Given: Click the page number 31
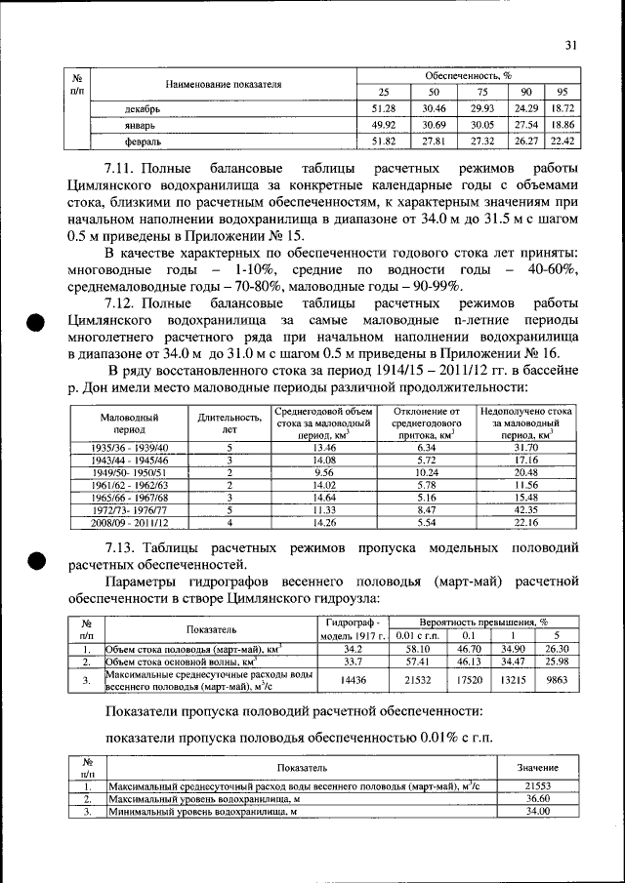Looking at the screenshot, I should pos(571,43).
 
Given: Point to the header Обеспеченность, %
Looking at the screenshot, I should pos(469,74).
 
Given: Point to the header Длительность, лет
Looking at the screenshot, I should pos(229,422).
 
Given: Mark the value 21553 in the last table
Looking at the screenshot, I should pos(539,785).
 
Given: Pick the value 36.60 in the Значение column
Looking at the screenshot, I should pos(539,798).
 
